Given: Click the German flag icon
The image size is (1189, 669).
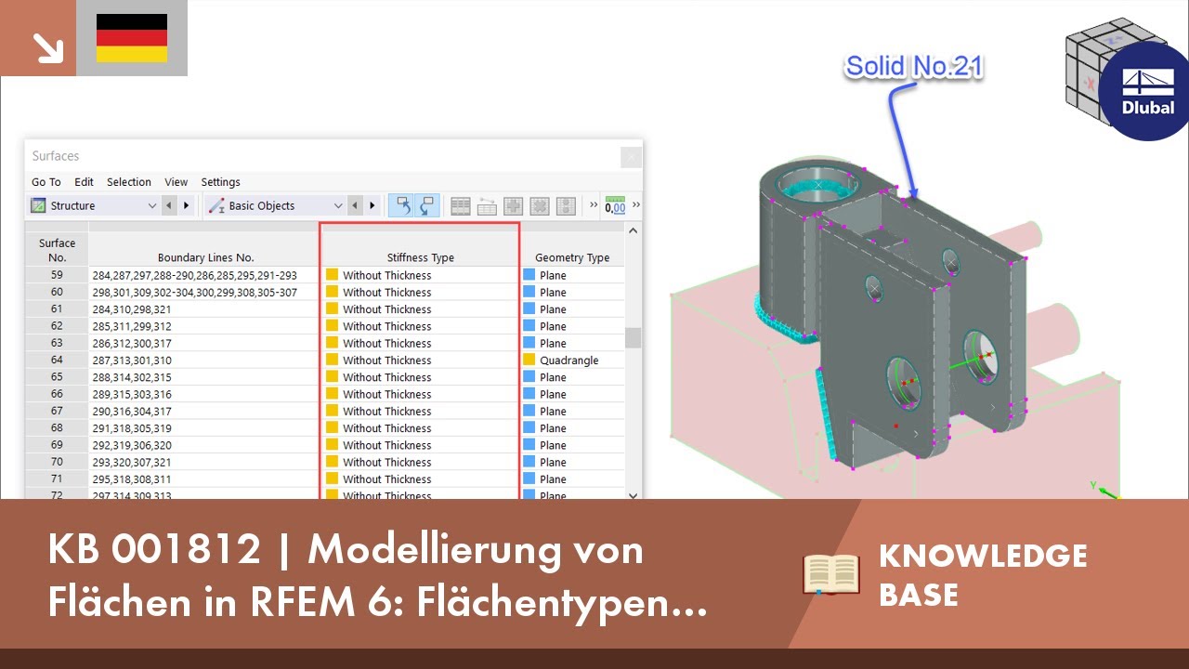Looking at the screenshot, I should (x=132, y=38).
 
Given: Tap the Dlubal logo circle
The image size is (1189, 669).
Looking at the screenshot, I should (x=1147, y=91).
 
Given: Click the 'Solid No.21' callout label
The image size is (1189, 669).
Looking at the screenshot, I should (x=913, y=67).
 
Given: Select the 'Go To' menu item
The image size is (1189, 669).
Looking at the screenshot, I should (x=46, y=182).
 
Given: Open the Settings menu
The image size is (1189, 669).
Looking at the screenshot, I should (x=220, y=182).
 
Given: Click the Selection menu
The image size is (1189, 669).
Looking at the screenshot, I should (x=129, y=182).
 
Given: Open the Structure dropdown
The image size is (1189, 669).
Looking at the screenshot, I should (x=94, y=205).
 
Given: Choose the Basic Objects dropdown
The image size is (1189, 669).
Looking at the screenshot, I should (x=275, y=205).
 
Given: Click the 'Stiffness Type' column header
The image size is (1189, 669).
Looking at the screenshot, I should (x=420, y=257).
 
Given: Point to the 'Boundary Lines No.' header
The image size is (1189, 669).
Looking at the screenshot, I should (x=205, y=257).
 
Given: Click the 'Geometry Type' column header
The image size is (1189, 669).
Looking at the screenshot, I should (x=572, y=257).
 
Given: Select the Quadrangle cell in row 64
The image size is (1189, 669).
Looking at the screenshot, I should (x=568, y=361).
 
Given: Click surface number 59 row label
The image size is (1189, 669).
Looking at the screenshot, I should (x=57, y=275).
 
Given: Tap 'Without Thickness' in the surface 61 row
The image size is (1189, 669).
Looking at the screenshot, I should (x=386, y=309).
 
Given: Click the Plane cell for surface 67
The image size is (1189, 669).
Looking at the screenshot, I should (x=553, y=412).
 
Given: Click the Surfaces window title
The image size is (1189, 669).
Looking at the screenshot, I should (x=56, y=156).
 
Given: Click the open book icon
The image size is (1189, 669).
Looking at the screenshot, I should (x=832, y=573).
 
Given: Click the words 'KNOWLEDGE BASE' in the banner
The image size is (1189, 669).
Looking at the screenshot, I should (x=983, y=574).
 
